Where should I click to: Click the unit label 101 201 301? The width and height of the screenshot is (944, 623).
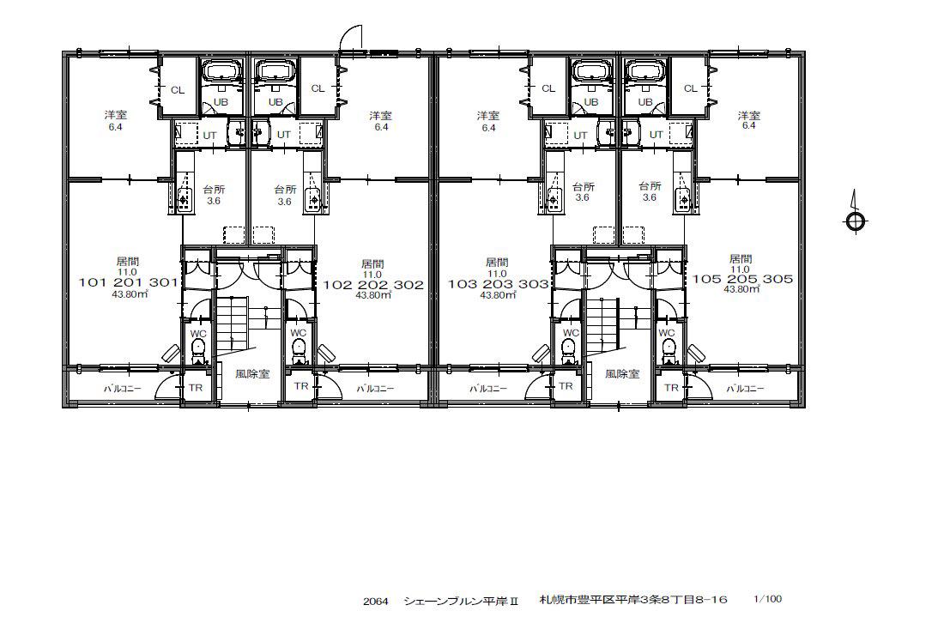pos(128,282)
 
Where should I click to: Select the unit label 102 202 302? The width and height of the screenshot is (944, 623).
pos(373,285)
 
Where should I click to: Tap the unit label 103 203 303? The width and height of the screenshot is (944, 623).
pos(498,284)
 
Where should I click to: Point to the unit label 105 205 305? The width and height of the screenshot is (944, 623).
pos(742,279)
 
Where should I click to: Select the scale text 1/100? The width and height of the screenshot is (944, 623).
pos(767,598)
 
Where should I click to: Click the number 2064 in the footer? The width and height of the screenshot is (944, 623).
pos(375,601)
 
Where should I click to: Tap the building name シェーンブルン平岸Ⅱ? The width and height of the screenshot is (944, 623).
pos(462,601)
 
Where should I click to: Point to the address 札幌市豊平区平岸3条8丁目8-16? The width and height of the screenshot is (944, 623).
pos(633,600)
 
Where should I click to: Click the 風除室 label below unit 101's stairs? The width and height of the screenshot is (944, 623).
pos(252,374)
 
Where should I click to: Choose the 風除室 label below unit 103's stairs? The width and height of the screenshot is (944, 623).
pos(622,374)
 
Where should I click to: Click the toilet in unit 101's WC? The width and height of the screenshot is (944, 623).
pos(198,350)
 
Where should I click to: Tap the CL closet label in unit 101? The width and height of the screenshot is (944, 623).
pos(177,90)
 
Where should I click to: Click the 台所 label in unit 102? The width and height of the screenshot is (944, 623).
pos(285,189)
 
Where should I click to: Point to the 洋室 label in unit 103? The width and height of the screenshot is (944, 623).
pos(488,116)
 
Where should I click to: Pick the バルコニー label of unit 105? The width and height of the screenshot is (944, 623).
pos(745,389)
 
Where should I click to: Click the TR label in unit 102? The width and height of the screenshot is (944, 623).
pos(301,385)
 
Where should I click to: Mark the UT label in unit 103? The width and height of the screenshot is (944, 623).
pos(580,136)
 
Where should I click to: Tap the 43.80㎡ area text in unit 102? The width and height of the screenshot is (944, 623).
pos(373,295)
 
